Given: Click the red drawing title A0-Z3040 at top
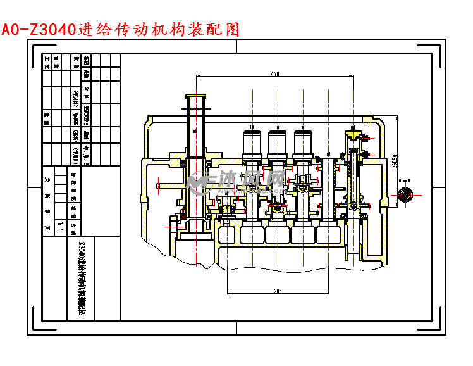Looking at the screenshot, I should coord(120,29).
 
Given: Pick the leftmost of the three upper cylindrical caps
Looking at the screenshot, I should coord(252,142).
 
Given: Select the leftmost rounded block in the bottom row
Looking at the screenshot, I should coord(252,234).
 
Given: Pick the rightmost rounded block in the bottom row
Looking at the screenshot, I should coord(328,234).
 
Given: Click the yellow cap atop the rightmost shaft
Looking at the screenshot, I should coord(352,134).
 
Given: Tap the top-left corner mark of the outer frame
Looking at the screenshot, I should coord(37,49).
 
